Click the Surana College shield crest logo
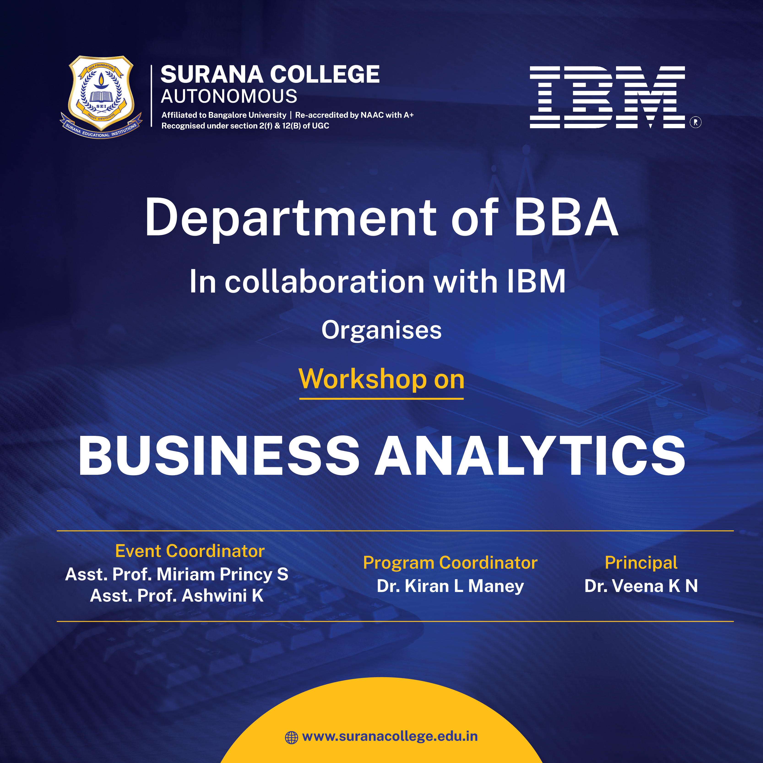(101, 97)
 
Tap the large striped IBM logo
(607, 97)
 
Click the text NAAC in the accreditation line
(372, 115)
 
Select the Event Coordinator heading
(190, 551)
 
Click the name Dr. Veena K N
(641, 586)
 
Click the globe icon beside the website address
(291, 737)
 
